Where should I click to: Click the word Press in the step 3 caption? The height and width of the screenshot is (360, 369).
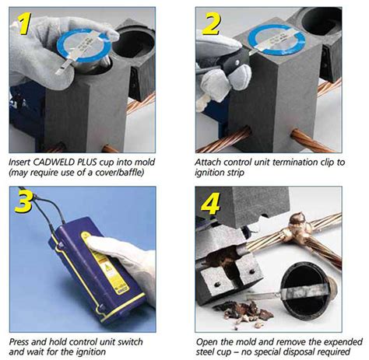[x=23, y=341]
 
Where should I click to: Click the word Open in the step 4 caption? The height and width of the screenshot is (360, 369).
[x=209, y=341]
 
